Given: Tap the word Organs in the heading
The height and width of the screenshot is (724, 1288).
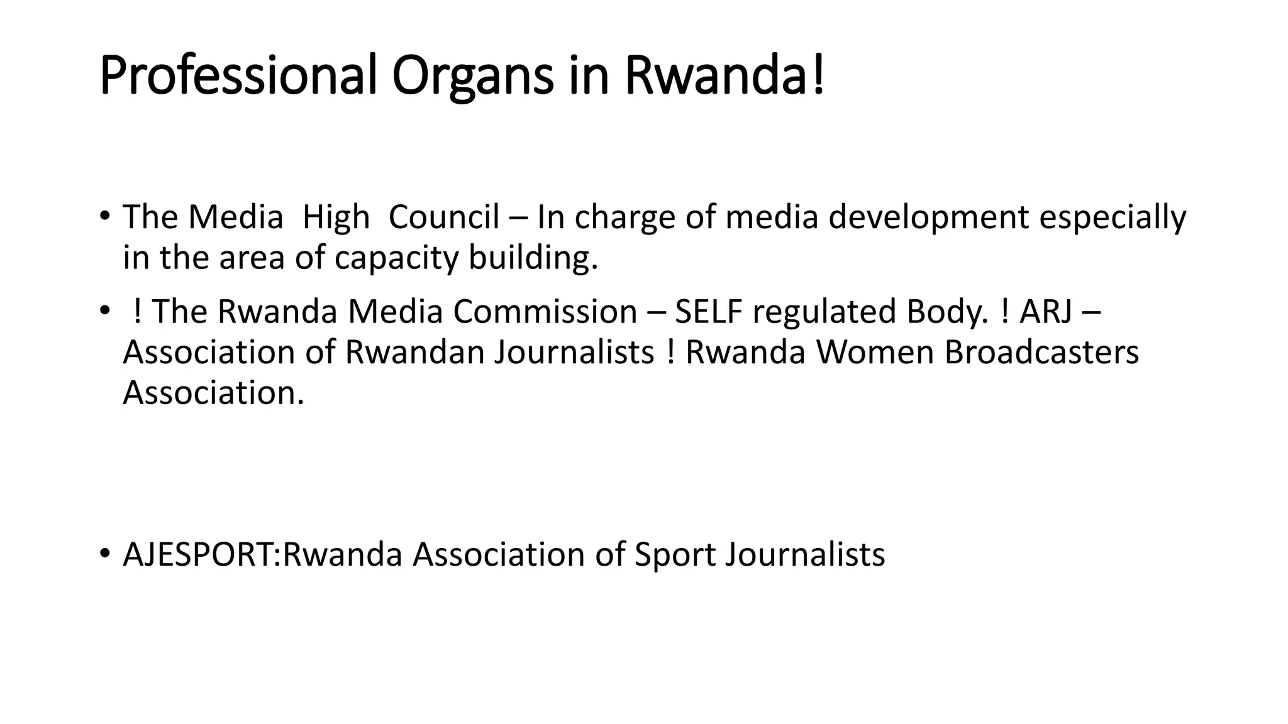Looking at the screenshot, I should click(x=472, y=76).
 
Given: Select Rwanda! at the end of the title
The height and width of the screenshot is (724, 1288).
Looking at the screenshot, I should click(x=724, y=76).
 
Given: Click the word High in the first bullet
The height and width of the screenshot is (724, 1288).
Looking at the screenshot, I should click(x=336, y=217).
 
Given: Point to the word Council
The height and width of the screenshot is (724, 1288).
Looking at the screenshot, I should click(x=444, y=217).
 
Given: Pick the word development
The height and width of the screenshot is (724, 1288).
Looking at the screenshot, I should click(x=928, y=217).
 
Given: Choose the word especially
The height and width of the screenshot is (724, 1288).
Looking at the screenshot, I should click(x=1113, y=217).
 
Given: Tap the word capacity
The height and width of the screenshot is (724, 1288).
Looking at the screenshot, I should click(x=397, y=258).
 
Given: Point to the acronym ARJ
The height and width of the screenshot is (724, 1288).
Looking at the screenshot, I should click(x=1046, y=312).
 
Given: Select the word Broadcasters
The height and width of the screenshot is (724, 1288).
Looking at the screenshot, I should click(x=1041, y=352).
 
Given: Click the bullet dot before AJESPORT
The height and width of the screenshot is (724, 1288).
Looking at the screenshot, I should click(x=104, y=554).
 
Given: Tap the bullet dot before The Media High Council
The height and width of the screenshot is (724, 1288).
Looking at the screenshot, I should click(x=104, y=216).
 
